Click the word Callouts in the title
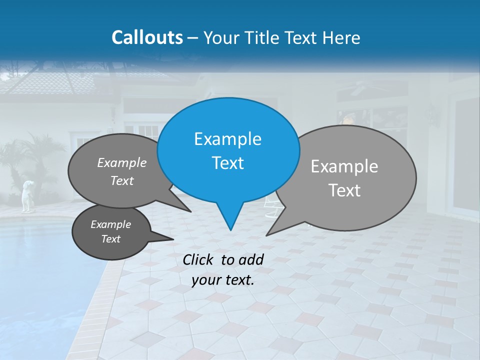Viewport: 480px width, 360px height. (147, 37)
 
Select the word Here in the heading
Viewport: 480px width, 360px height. (341, 37)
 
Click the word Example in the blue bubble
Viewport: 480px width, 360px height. (227, 139)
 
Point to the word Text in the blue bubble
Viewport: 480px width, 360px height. (227, 163)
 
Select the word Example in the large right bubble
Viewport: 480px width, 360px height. (344, 166)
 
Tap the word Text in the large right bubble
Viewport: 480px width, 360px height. (344, 190)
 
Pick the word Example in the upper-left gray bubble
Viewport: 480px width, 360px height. (122, 162)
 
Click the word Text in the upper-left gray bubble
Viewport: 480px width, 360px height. (122, 180)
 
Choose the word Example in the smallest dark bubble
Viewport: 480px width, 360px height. (110, 224)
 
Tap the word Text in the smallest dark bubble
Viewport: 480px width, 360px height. (110, 239)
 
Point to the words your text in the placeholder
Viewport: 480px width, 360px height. (222, 280)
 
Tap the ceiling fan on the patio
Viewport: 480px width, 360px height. (357, 90)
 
